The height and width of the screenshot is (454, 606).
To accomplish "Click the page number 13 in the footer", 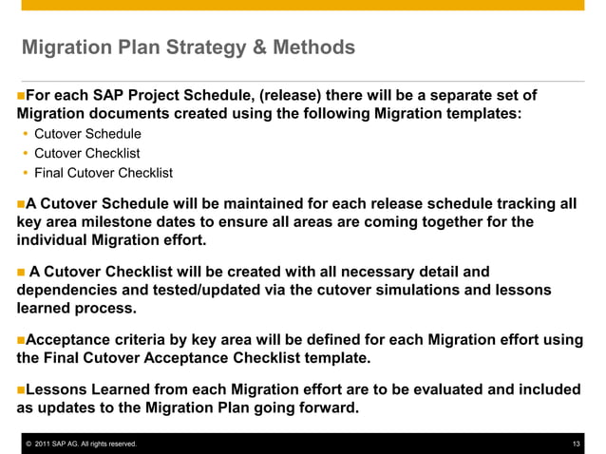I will tap(577, 445).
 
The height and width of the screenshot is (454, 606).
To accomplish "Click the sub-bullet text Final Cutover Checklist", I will tap(104, 173).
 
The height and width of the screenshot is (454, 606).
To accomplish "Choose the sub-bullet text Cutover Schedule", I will tap(87, 134).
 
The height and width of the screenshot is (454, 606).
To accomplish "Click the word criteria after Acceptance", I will tap(141, 339).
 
